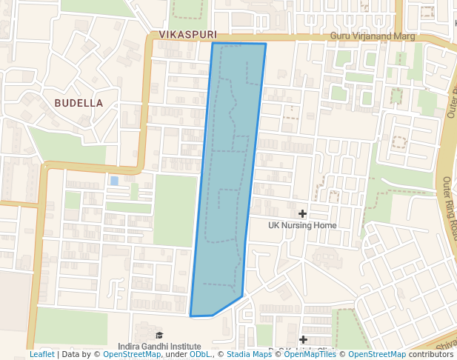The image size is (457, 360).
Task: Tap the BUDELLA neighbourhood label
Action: coord(79,103)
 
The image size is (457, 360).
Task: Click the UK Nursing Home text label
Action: coord(302,225)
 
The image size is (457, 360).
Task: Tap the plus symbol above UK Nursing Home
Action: coord(302,213)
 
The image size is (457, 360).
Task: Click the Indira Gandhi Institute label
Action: coord(159,346)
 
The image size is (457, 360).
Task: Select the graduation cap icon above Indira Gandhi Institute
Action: coord(159,336)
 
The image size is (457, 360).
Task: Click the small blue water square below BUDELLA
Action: coord(113,181)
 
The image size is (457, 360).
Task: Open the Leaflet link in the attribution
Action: coord(41,355)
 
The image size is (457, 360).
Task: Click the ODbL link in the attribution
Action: coord(200,355)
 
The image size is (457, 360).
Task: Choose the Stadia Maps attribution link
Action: coord(248,355)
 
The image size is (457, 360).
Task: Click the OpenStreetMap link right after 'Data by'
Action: coord(132,355)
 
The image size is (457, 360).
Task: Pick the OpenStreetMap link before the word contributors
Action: coord(377,355)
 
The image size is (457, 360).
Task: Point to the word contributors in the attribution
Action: coord(431,355)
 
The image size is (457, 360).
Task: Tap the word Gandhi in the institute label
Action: coord(159,346)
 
